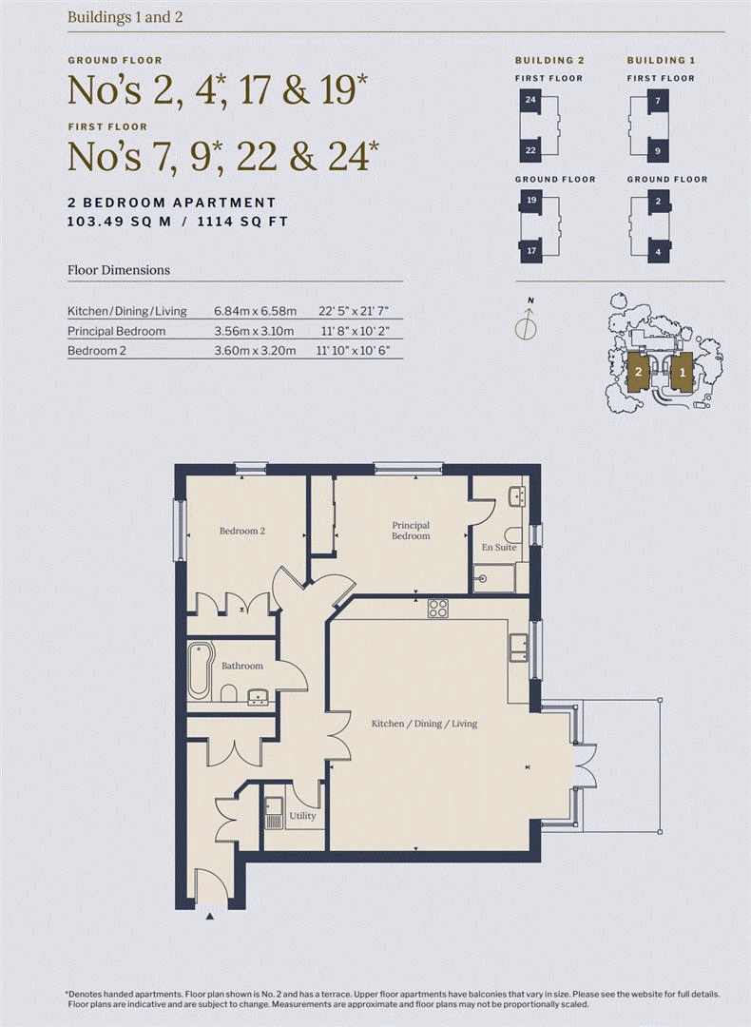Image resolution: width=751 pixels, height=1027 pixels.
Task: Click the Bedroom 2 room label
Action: [x=241, y=531]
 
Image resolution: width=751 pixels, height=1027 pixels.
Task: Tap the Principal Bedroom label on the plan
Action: [x=411, y=530]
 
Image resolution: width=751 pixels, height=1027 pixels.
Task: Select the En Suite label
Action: [x=498, y=548]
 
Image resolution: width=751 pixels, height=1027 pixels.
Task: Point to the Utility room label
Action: [x=302, y=815]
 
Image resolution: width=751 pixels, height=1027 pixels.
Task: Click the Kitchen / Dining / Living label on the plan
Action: [x=424, y=724]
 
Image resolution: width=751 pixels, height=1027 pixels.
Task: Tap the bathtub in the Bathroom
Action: [x=200, y=669]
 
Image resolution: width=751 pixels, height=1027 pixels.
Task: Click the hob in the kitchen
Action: [x=438, y=609]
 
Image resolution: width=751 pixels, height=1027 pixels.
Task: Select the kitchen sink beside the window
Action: [x=518, y=648]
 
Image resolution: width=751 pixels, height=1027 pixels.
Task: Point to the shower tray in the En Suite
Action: [x=494, y=577]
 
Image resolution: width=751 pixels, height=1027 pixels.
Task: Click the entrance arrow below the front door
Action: [x=210, y=917]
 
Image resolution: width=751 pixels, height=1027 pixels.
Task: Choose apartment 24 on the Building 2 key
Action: [x=530, y=100]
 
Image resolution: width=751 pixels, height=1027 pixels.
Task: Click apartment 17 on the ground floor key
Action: [x=530, y=251]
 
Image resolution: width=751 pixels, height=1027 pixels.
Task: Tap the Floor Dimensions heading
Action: [x=119, y=270]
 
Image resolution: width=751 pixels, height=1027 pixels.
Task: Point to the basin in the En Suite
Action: [x=516, y=495]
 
